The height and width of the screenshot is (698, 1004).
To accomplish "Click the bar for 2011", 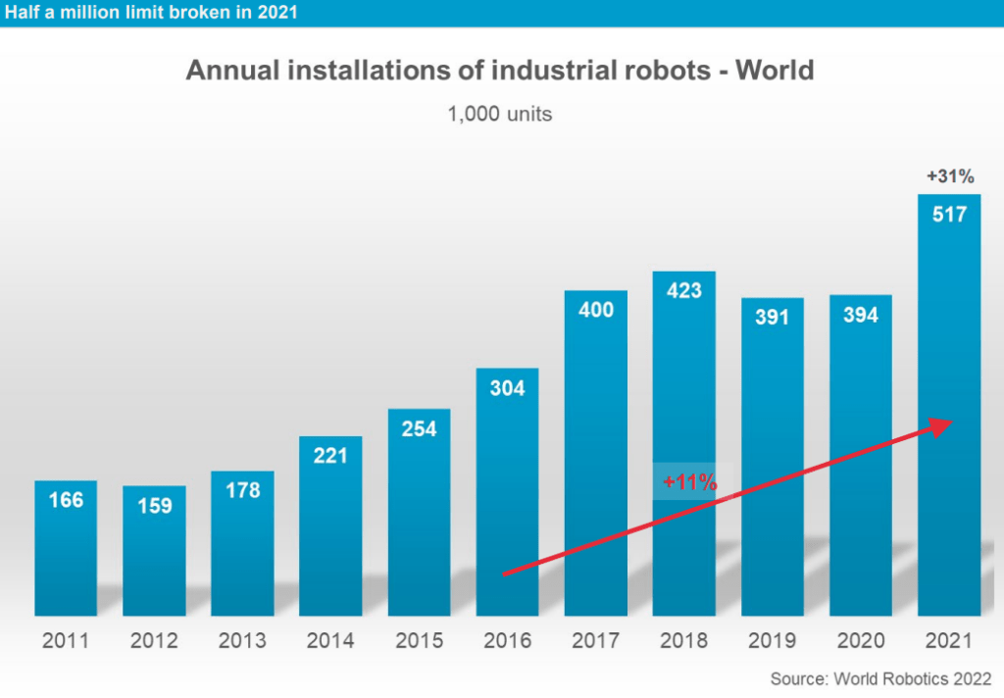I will (66, 549).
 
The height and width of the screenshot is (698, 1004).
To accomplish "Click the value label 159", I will (154, 506).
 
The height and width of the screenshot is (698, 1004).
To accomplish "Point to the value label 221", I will (330, 456).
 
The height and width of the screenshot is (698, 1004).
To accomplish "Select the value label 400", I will (595, 310).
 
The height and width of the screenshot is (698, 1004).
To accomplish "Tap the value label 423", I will (683, 291).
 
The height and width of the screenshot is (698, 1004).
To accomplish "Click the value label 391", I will (772, 318).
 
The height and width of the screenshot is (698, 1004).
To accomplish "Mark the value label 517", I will (948, 214).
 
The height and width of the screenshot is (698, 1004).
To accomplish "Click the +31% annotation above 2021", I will (949, 177).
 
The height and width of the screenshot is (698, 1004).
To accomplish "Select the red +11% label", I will (689, 482).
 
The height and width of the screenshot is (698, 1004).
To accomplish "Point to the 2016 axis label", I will (507, 641).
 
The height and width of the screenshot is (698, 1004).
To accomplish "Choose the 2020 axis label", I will (860, 641).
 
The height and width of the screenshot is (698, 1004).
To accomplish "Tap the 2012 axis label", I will (154, 641).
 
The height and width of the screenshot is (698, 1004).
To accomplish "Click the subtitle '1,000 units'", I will (500, 115).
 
